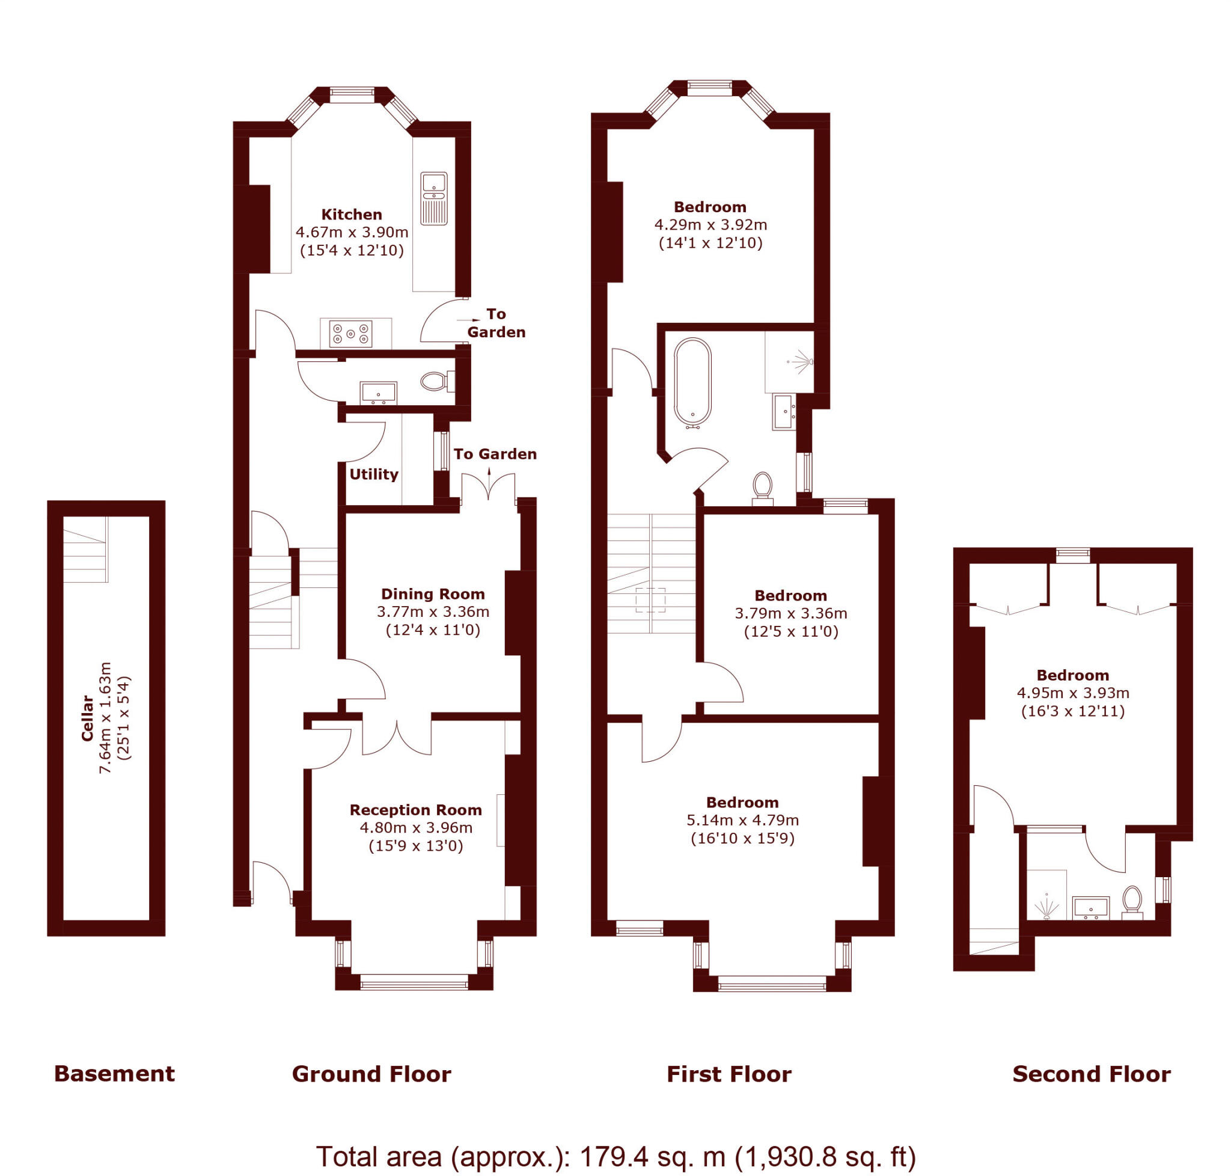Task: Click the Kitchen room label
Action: (x=351, y=215)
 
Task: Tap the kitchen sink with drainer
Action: (x=434, y=198)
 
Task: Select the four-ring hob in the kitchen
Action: (x=351, y=334)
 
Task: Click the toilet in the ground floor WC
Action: (x=434, y=381)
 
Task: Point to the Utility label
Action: (x=373, y=474)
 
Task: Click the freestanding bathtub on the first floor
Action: (x=692, y=382)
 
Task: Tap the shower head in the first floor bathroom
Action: (x=802, y=362)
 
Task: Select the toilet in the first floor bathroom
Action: (x=762, y=486)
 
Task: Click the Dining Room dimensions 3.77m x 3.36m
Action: (x=433, y=612)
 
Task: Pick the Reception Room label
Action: (x=415, y=810)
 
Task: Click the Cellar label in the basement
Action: (x=87, y=718)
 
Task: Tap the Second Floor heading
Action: (x=1090, y=1074)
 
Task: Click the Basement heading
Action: (x=114, y=1073)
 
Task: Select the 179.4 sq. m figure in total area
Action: (x=652, y=1157)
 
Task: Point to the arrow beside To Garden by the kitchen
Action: (x=469, y=320)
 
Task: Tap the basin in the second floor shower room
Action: (x=1090, y=908)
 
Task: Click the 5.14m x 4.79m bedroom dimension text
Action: (x=742, y=820)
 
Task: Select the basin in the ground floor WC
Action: (x=378, y=393)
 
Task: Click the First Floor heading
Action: (x=729, y=1074)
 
